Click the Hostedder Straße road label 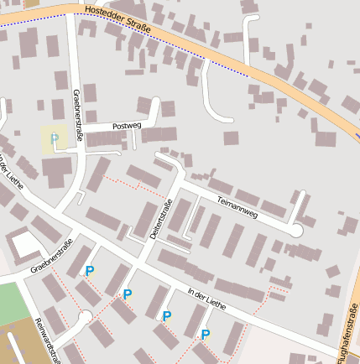(x=118, y=20)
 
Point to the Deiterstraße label (x=161, y=220)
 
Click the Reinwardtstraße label (x=49, y=341)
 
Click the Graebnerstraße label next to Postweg (x=77, y=113)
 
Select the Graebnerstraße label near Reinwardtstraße (x=52, y=256)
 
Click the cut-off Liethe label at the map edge (x=12, y=168)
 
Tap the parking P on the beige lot (x=55, y=138)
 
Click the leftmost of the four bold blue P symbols (x=90, y=271)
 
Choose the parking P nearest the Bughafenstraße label (x=206, y=335)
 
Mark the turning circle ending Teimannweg (x=295, y=230)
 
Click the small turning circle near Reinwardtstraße (x=84, y=316)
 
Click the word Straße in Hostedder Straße (x=137, y=27)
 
